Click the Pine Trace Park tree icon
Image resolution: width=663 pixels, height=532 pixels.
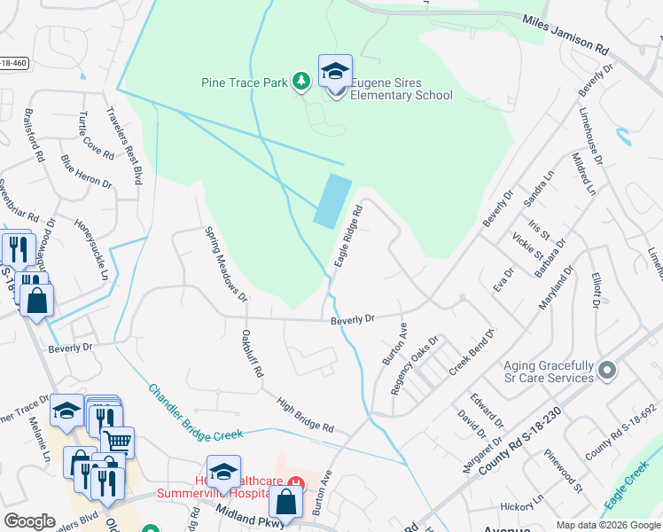coord(301,82)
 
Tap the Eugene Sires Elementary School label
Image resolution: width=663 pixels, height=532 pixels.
coord(402,90)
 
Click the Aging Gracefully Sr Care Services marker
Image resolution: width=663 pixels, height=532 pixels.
coord(606,370)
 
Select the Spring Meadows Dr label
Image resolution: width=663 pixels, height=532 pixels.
coord(224,263)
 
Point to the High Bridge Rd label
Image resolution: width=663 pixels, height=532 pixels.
coord(304,415)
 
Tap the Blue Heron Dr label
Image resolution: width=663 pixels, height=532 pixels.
coord(86,172)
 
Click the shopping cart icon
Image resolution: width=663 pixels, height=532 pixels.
coord(117,441)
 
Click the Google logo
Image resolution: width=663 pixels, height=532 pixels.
coord(29,521)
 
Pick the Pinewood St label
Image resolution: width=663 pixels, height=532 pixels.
coord(564,475)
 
